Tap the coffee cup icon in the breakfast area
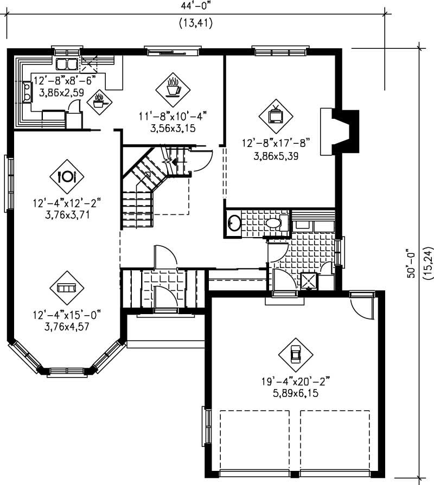pyautogui.click(x=173, y=88)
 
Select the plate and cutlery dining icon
pyautogui.click(x=68, y=176)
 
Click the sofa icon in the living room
pyautogui.click(x=67, y=287)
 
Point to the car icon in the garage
pyautogui.click(x=295, y=355)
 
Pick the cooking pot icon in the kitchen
pyautogui.click(x=99, y=101)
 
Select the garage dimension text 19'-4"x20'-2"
pyautogui.click(x=295, y=382)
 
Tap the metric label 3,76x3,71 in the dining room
pyautogui.click(x=67, y=215)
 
